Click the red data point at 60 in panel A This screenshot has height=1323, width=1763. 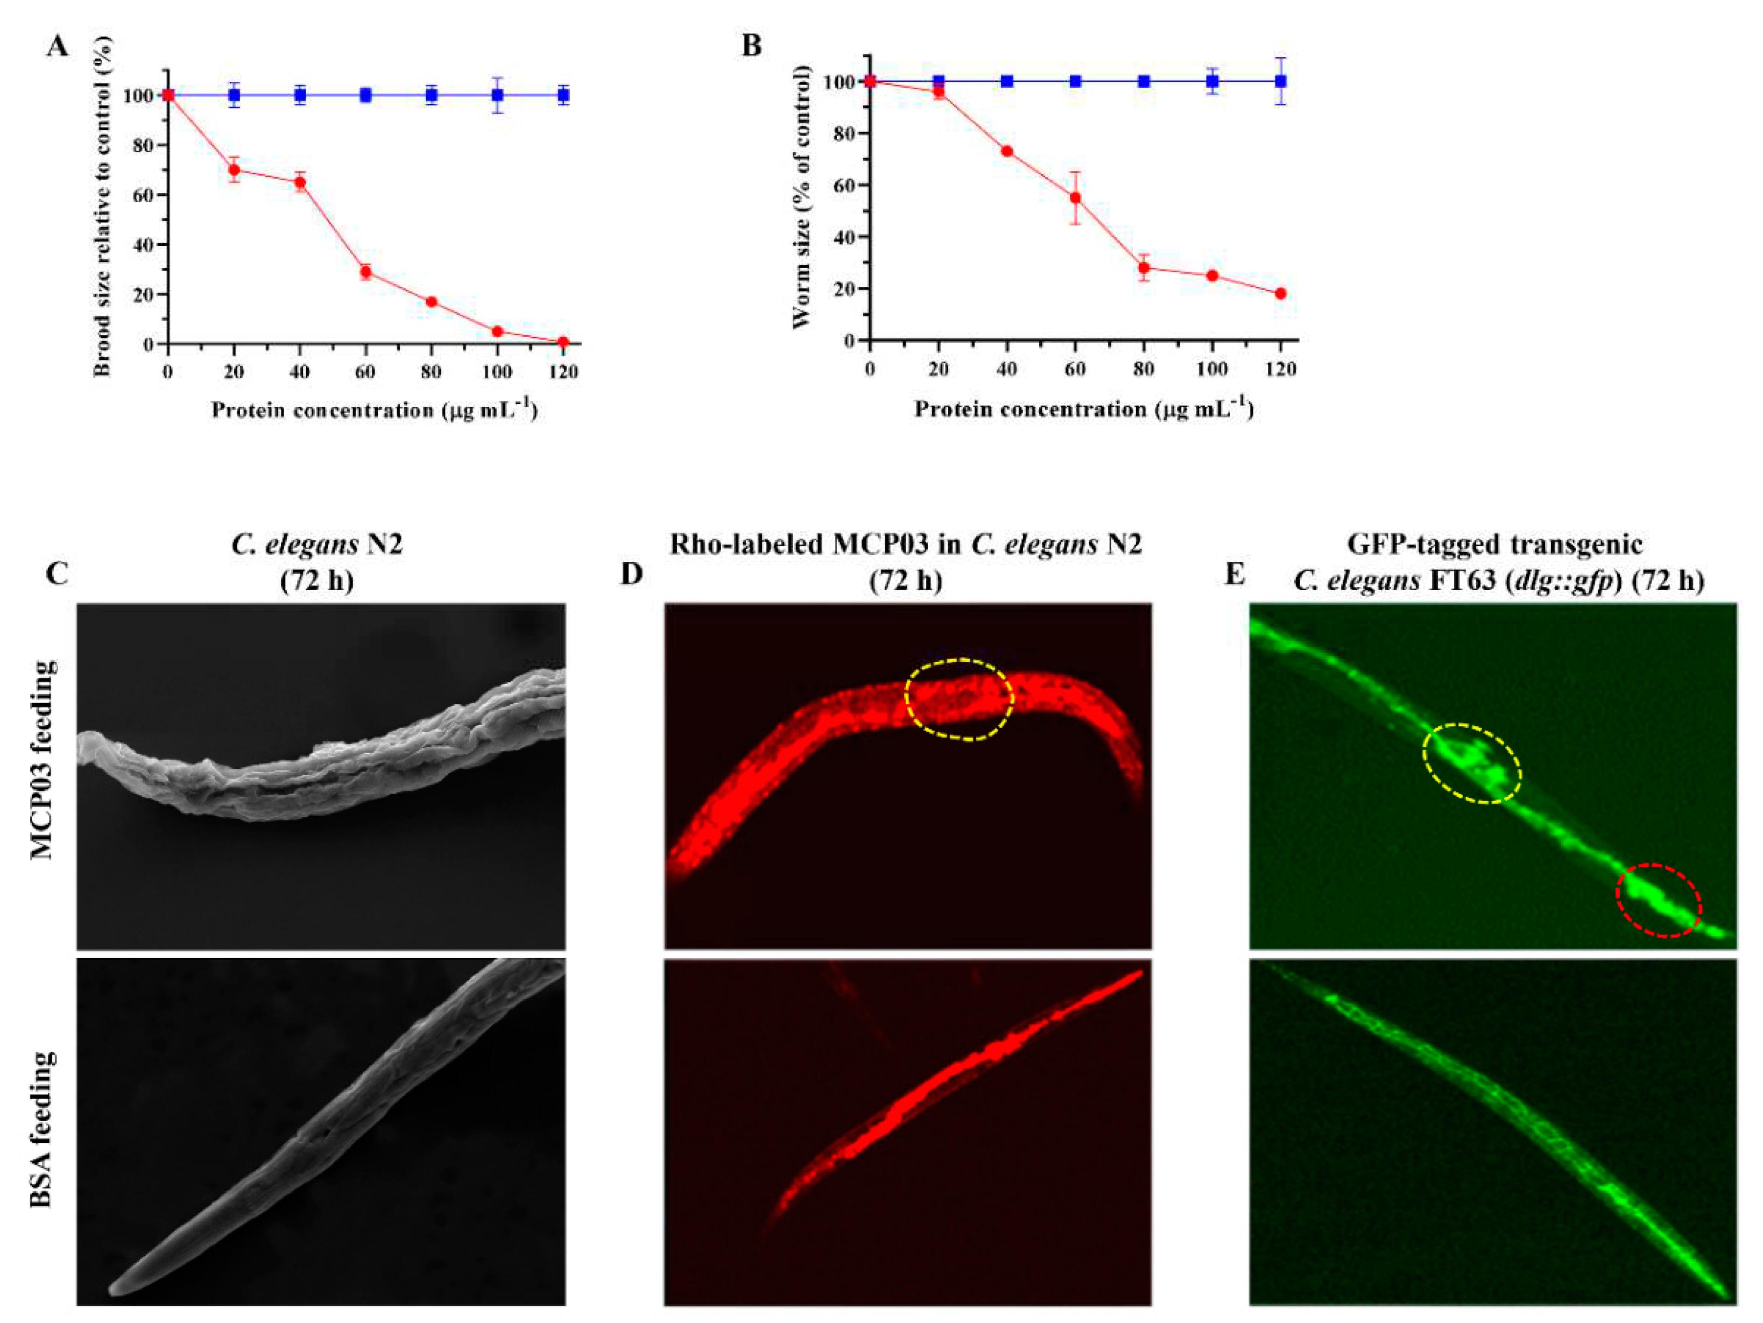click(x=366, y=272)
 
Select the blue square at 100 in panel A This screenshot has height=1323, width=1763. click(x=497, y=96)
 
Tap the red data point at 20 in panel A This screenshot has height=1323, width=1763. click(x=234, y=170)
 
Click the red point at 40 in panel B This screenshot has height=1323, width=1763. click(x=1007, y=151)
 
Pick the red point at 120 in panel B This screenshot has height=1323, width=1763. click(x=1280, y=293)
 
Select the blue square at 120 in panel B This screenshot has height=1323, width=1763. click(x=1280, y=81)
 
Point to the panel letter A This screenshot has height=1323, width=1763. click(x=58, y=47)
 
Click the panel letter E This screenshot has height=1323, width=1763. click(x=1234, y=574)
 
